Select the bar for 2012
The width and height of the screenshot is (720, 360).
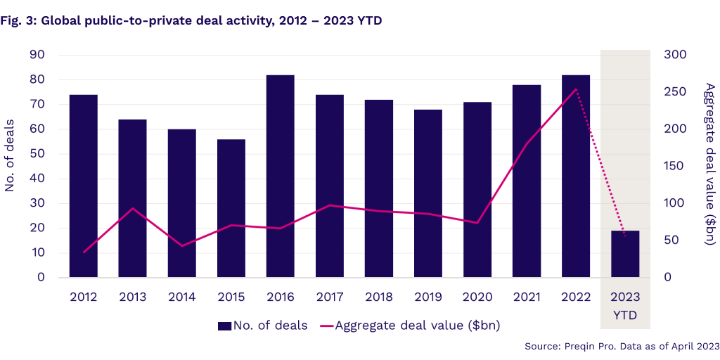tap(83, 186)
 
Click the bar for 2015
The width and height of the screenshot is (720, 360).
tap(231, 208)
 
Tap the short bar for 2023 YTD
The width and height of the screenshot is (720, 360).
tap(625, 254)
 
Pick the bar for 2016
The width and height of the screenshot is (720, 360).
tap(280, 176)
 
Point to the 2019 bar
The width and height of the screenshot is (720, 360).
tap(428, 193)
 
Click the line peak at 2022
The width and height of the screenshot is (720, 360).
tap(576, 89)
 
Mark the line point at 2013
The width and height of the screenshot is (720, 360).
tap(133, 208)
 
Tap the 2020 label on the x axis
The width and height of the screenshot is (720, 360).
tap(477, 297)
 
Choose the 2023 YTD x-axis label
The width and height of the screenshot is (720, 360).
tap(625, 306)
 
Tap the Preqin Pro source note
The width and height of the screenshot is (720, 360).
tap(622, 346)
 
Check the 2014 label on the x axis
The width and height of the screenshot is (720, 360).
tap(182, 297)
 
